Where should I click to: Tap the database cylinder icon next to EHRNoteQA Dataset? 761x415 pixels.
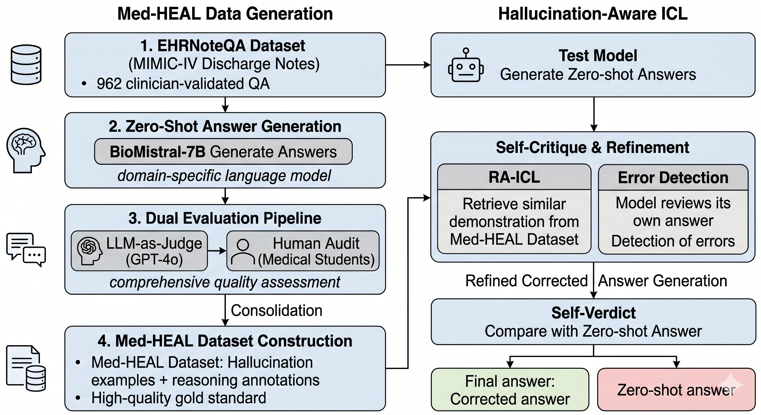tap(26, 65)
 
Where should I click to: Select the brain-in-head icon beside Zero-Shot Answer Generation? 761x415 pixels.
tap(26, 150)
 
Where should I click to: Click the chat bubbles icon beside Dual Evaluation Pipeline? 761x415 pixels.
tap(26, 250)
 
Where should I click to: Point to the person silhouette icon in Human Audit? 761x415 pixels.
tap(243, 251)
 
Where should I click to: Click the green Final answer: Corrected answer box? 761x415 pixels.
tap(510, 390)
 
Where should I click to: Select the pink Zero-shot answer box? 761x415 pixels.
tap(676, 390)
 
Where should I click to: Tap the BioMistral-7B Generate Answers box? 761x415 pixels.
tap(223, 152)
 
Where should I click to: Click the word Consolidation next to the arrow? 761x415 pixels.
tap(276, 310)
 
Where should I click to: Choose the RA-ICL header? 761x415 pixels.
tap(514, 177)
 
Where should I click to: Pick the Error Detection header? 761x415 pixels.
tap(673, 178)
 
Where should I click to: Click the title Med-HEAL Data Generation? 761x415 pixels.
tap(225, 14)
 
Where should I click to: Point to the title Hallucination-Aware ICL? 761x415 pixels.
tap(593, 14)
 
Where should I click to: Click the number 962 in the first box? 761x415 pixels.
tap(109, 83)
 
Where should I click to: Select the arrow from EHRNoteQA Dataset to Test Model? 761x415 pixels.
tap(408, 65)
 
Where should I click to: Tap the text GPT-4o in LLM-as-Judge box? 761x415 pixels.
tap(154, 260)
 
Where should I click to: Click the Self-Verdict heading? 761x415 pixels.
tap(593, 313)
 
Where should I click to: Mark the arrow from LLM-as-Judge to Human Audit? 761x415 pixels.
tap(217, 251)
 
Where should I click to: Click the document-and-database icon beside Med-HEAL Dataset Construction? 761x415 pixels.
tap(26, 368)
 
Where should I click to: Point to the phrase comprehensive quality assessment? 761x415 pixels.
tap(225, 282)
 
